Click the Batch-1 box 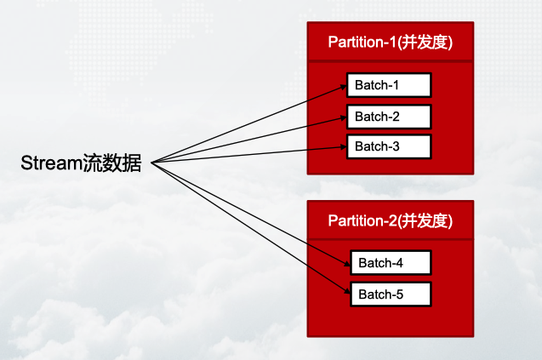click(x=389, y=85)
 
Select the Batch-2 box click(x=389, y=117)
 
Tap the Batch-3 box click(x=389, y=146)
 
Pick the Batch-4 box click(x=391, y=263)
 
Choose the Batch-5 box click(x=391, y=294)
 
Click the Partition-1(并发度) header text click(x=391, y=42)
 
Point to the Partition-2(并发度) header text click(x=391, y=220)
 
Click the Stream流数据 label click(x=82, y=162)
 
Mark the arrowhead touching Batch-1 click(x=343, y=86)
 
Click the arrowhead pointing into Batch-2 click(x=343, y=117)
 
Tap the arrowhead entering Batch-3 click(x=343, y=147)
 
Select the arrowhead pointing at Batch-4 click(x=346, y=263)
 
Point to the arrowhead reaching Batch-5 click(x=346, y=294)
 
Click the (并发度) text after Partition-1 click(x=425, y=42)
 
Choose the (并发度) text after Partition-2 click(x=425, y=220)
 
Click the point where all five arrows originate click(x=151, y=161)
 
